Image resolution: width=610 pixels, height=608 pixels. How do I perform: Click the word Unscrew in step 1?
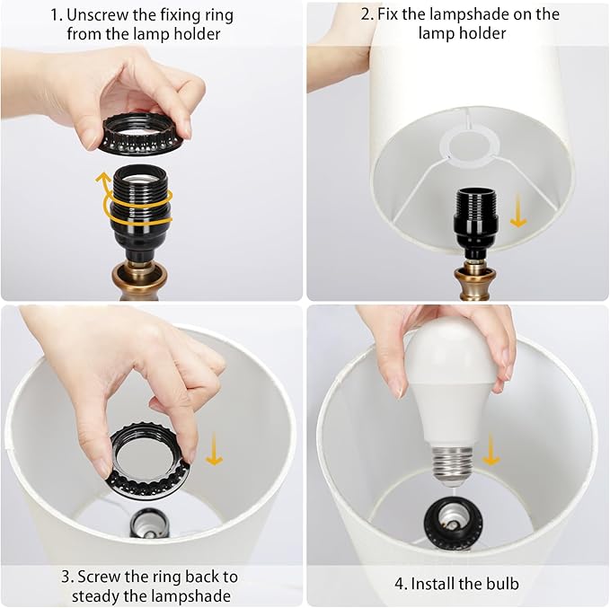click(97, 14)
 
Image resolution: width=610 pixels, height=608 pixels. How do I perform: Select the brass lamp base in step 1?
click(139, 280)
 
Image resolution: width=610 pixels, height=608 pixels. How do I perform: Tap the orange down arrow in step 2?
click(517, 211)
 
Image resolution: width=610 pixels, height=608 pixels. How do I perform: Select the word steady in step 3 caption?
click(96, 596)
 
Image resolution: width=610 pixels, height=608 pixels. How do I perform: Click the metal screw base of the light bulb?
click(452, 465)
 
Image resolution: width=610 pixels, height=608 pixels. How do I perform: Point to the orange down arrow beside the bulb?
click(491, 450)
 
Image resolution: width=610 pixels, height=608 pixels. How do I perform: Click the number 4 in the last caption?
click(399, 584)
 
